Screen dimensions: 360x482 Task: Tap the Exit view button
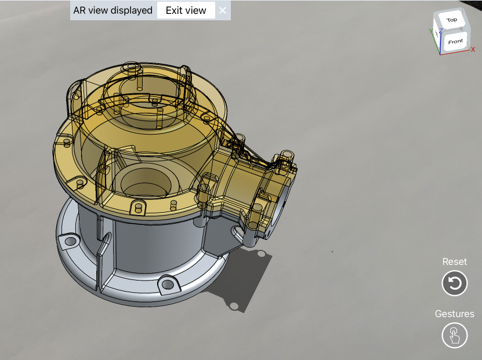186,10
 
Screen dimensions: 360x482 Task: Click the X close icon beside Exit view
223,10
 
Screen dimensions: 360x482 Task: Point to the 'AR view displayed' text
113,10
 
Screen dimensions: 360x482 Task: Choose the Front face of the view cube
455,42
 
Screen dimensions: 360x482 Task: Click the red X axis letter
473,50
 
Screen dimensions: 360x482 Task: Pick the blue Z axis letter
441,30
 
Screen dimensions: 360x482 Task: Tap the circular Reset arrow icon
455,283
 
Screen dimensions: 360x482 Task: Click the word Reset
455,261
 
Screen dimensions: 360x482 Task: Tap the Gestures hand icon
455,336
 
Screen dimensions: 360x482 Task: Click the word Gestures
455,314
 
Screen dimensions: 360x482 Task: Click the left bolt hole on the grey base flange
71,240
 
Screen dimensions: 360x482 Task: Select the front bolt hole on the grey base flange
167,284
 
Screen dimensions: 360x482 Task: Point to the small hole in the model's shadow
233,306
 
